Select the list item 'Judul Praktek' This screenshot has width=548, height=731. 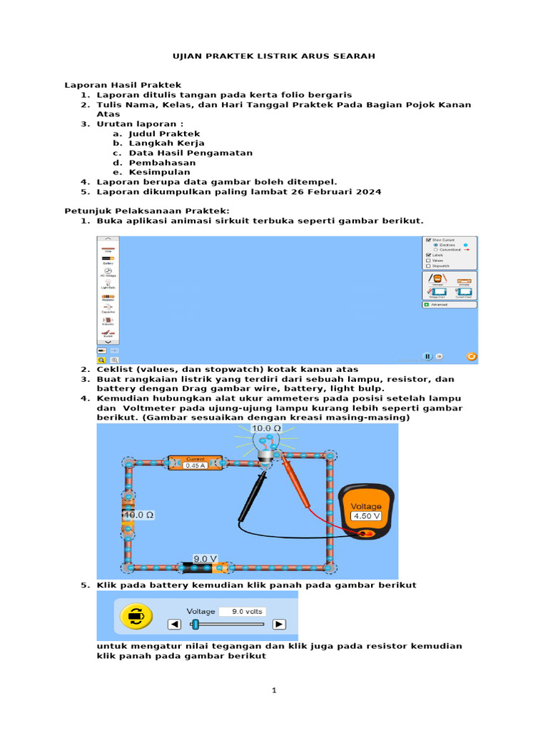click(x=164, y=133)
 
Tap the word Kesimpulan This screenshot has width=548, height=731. click(x=159, y=172)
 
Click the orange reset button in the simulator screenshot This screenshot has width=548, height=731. click(x=471, y=356)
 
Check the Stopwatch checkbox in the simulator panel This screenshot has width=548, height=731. click(x=427, y=266)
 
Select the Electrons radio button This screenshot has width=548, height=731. click(x=436, y=244)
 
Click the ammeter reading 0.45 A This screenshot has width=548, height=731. click(x=196, y=465)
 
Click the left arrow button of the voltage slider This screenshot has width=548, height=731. click(x=174, y=624)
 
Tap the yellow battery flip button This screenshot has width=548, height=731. click(x=133, y=615)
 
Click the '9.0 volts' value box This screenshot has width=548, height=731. click(x=242, y=611)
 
